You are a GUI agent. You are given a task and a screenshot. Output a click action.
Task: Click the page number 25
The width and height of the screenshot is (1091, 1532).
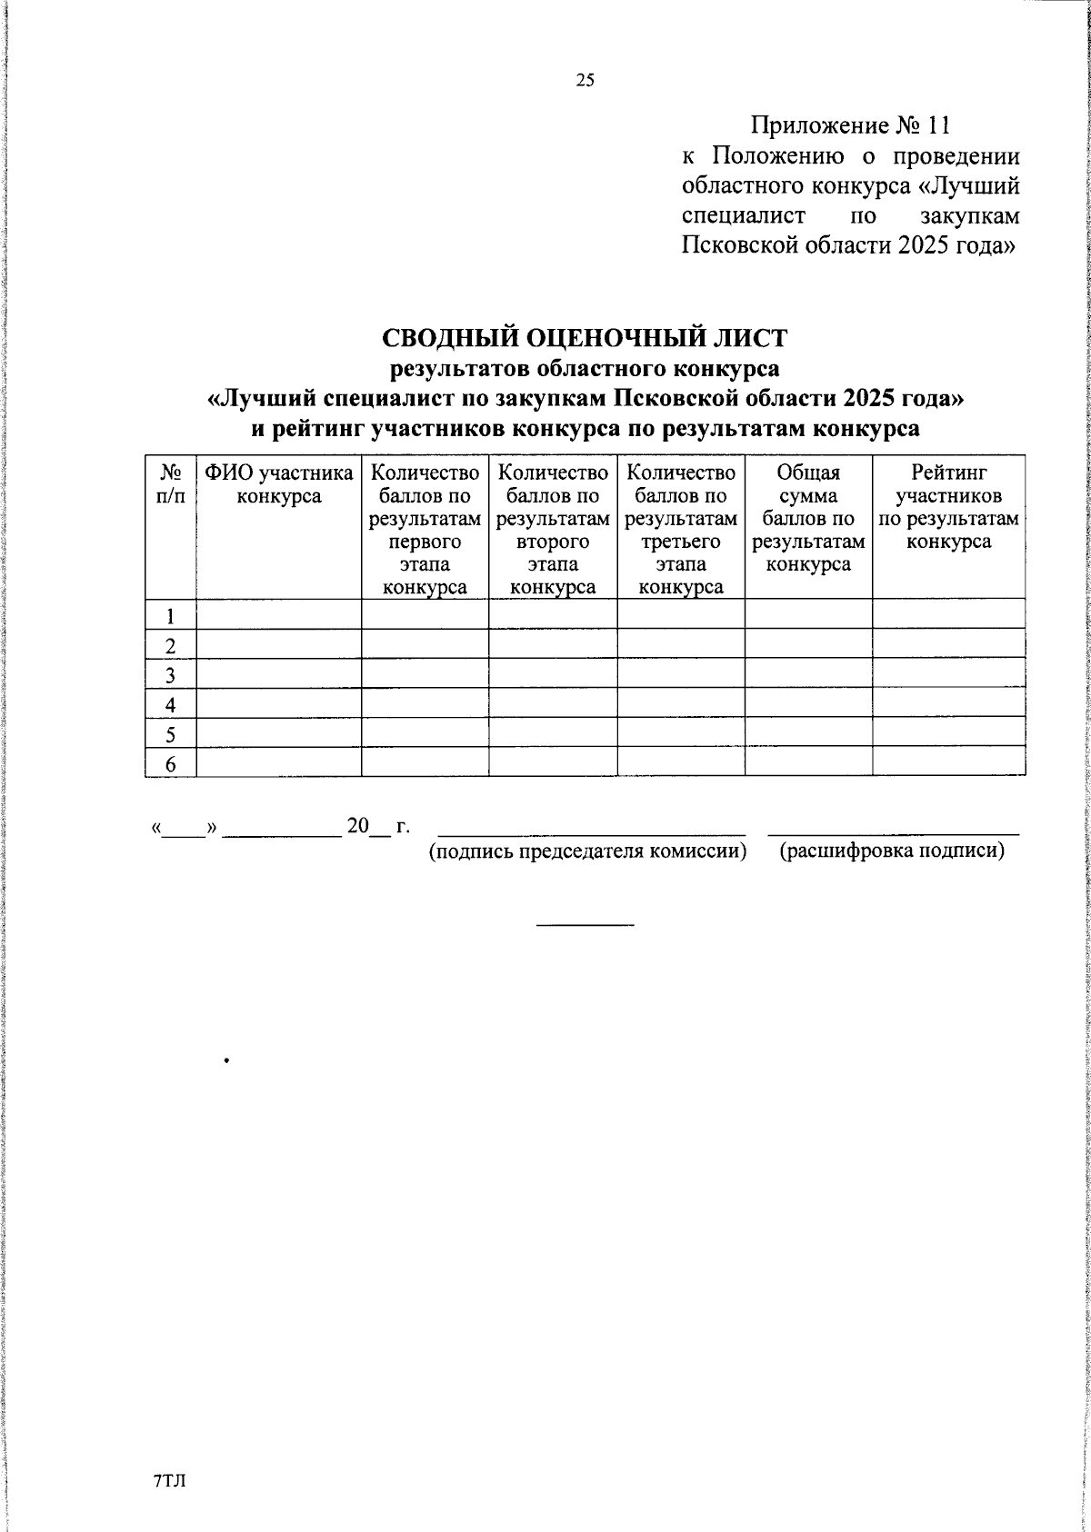[x=585, y=81]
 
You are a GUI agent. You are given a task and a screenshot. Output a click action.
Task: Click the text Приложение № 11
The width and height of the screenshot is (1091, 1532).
[x=850, y=125]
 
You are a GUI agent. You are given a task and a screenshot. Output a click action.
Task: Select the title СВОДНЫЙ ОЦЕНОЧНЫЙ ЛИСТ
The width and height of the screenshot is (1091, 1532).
[x=585, y=337]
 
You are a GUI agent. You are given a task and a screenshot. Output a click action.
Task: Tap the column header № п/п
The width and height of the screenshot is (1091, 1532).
[x=170, y=484]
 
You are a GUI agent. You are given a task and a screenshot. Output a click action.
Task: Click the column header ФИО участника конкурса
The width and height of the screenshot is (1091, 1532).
[x=278, y=484]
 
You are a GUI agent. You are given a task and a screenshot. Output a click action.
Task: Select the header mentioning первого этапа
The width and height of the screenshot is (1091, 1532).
[x=425, y=530]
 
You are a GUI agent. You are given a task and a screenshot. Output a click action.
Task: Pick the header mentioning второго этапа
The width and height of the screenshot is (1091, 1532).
[x=553, y=530]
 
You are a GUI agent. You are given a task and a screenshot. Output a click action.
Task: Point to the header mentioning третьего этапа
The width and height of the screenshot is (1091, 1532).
[x=681, y=530]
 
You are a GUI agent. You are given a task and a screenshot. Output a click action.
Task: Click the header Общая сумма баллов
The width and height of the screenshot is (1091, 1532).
[x=808, y=519]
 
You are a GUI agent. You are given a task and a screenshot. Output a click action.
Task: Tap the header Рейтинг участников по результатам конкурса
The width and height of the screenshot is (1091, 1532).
[x=948, y=507]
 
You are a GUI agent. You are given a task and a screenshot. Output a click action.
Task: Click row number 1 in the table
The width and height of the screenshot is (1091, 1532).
[x=170, y=615]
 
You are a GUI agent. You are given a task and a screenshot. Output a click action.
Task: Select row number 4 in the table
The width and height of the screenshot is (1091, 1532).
[x=170, y=704]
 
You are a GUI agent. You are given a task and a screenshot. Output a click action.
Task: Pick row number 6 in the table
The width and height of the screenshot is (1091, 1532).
[x=170, y=764]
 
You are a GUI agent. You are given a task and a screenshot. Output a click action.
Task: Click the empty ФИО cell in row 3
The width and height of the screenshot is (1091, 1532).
[x=278, y=674]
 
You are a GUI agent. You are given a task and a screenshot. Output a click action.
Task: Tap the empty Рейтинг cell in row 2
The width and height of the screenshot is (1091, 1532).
[x=948, y=644]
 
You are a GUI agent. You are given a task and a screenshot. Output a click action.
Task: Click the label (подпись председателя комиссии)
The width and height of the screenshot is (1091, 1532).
[x=587, y=851]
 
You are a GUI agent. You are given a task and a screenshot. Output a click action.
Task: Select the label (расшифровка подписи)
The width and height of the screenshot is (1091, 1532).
[x=892, y=851]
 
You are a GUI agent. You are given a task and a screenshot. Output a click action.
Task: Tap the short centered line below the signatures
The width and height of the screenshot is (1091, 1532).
[x=585, y=925]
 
